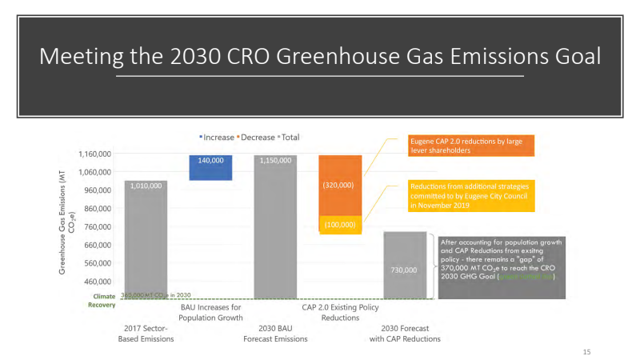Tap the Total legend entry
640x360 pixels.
(289, 138)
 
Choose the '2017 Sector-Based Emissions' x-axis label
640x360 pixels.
(145, 334)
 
